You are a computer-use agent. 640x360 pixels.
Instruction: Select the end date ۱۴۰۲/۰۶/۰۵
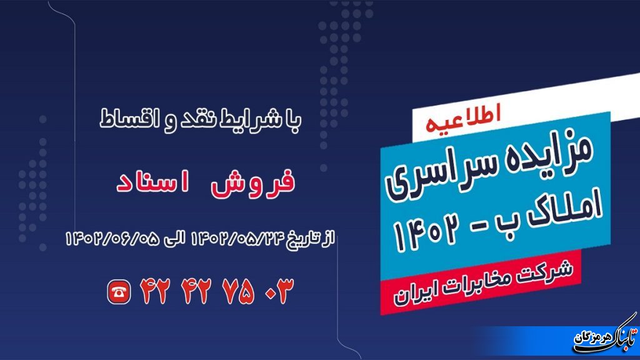[109, 237]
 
